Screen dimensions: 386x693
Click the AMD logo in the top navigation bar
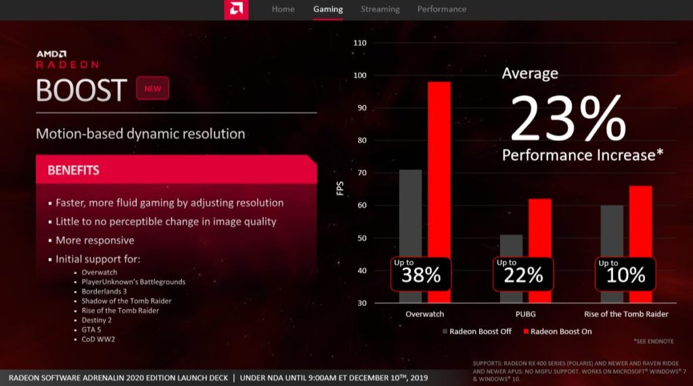[x=236, y=9]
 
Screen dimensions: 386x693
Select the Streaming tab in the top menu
[x=380, y=9]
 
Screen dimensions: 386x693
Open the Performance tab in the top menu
[x=441, y=9]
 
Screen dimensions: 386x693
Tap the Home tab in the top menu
[x=283, y=9]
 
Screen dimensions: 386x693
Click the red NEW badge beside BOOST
[x=152, y=89]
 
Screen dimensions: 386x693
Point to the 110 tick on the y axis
[x=359, y=43]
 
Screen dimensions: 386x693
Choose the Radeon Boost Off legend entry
[x=477, y=331]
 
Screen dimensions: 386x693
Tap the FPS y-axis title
[x=340, y=188]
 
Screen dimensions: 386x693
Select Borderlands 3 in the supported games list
[x=104, y=291]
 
